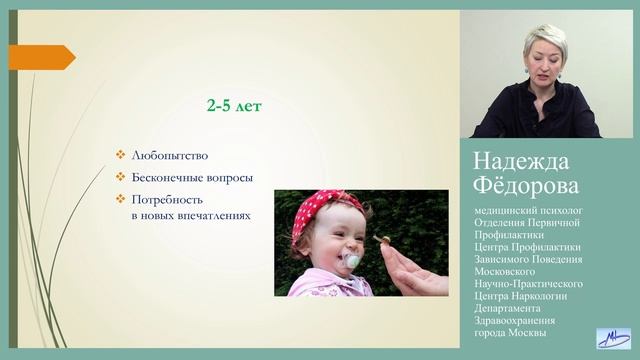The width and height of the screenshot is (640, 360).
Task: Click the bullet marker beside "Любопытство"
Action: point(120,156)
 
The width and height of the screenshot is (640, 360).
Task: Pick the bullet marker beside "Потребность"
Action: point(120,199)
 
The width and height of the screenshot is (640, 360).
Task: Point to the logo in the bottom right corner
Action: point(612,338)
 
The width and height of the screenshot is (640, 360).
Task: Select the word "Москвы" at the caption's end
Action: point(525,333)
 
